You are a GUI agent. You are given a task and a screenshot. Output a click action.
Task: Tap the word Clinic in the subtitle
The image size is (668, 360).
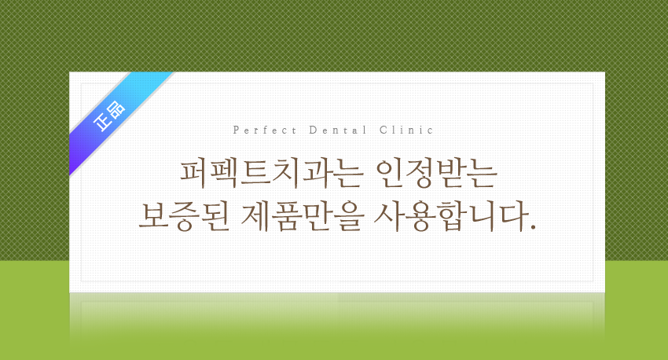(x=406, y=130)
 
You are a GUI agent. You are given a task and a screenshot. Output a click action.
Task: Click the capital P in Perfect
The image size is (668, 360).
(x=237, y=130)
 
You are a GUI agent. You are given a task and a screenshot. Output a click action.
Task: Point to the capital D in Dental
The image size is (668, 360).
(x=312, y=130)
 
